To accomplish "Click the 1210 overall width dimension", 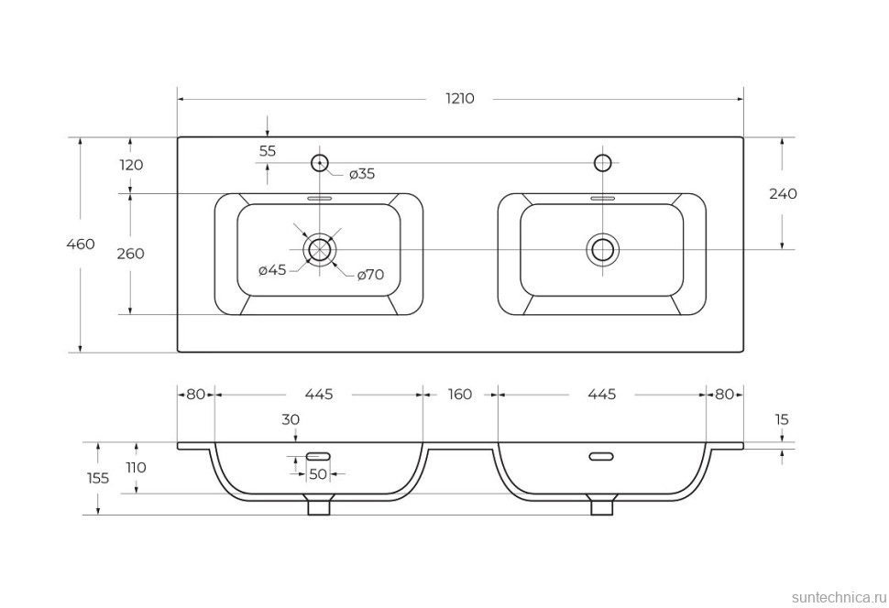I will point(460,98).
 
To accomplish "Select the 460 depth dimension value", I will point(81,244).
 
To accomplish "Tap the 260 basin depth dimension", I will point(131,254).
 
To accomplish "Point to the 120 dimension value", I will point(131,165).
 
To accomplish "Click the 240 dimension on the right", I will point(782,194).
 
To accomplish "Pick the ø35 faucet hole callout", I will point(361,174).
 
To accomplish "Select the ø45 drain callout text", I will point(273,270).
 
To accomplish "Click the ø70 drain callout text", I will point(369,274).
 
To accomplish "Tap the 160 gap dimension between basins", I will point(460,395).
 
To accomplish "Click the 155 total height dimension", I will point(97,478).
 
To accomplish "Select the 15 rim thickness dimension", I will point(781,420).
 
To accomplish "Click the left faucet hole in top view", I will point(319,163).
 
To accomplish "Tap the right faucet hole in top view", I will point(603,163).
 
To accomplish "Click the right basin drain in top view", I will point(603,249).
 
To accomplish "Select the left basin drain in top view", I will point(319,249).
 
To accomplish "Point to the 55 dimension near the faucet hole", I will point(267,151).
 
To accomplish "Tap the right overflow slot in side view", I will point(601,456).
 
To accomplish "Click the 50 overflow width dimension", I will point(318,474).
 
